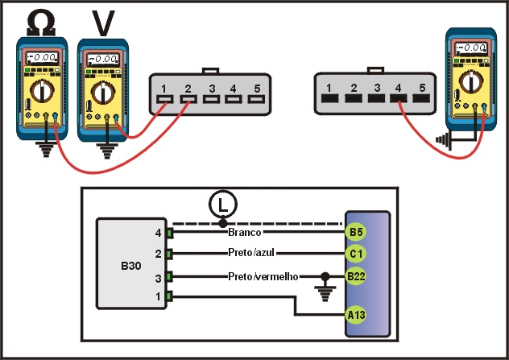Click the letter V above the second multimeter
point(103,23)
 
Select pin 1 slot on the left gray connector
point(163,101)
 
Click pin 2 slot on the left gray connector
point(188,101)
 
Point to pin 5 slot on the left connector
point(259,101)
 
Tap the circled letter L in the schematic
point(221,206)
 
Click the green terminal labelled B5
point(356,232)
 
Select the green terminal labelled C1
point(356,254)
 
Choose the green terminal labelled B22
point(356,276)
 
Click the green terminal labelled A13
point(356,315)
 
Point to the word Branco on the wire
point(246,232)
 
